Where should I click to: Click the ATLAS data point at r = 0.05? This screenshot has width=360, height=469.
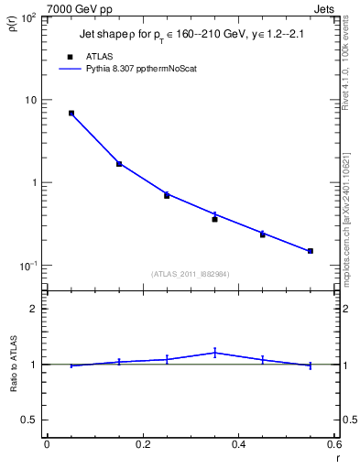tap(71, 113)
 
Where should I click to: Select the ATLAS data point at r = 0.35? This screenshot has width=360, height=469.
tap(214, 219)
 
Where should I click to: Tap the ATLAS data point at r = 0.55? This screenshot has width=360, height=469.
tap(311, 251)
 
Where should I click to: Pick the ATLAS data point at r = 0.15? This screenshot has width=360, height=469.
tap(119, 164)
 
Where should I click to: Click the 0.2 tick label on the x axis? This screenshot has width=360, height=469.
tap(142, 444)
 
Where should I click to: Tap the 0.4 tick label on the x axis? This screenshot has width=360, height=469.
tap(238, 444)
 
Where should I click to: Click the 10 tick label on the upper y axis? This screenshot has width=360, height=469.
tap(29, 100)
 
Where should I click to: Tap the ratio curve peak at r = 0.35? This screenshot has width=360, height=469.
tap(214, 353)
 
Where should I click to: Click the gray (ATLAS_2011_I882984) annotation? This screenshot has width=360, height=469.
tap(191, 273)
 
